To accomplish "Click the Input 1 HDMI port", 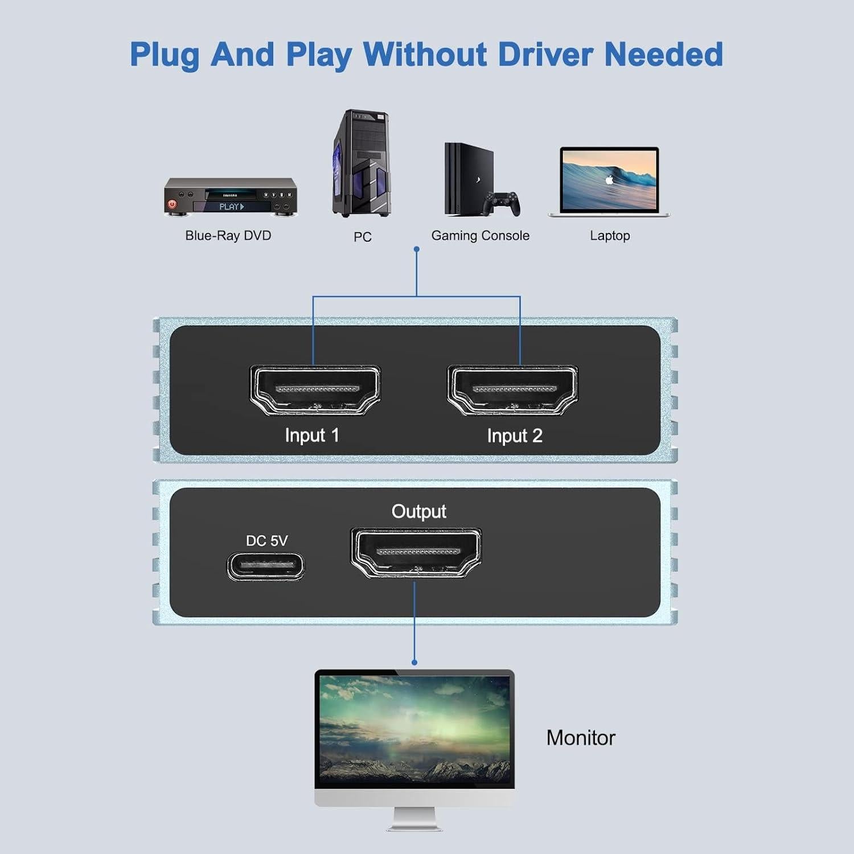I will tap(315, 390).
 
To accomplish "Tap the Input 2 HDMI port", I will tap(513, 390).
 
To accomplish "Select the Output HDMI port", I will tap(416, 553).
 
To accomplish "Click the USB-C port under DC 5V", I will tap(266, 566).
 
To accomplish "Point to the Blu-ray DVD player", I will tap(231, 197).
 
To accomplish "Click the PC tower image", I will tap(361, 164).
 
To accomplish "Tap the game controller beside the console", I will tap(502, 203).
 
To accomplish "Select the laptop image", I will tap(609, 181).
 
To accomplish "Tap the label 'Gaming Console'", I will tap(480, 236).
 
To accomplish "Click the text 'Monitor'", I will tap(581, 738).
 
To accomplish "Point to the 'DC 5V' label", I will tap(266, 540).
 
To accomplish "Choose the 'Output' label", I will tap(418, 511).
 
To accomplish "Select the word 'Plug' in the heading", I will tap(165, 56).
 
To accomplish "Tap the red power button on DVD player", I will tap(172, 204).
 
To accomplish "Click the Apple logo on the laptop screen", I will tap(609, 180).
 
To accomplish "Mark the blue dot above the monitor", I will tap(414, 662).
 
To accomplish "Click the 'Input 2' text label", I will tap(514, 436).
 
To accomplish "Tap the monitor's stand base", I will tap(414, 826).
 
